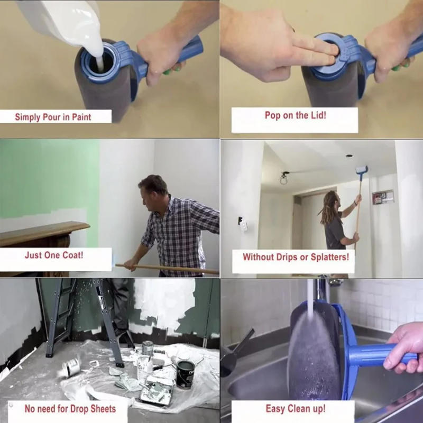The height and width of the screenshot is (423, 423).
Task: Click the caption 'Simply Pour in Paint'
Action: [x=53, y=117]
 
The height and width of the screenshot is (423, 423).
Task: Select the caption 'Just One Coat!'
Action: [x=53, y=255]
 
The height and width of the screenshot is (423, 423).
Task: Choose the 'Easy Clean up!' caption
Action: [x=295, y=408]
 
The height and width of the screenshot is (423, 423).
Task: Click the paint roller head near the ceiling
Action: [x=362, y=170]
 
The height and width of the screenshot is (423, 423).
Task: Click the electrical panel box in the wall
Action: [x=383, y=197]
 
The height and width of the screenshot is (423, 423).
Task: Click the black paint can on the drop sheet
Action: [x=185, y=372]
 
